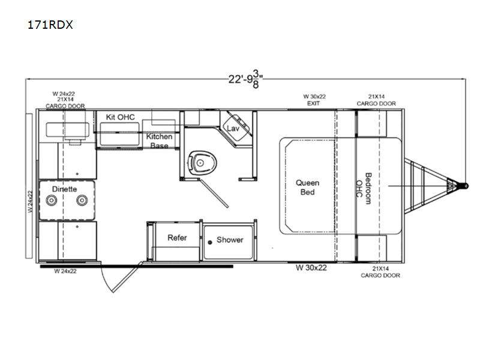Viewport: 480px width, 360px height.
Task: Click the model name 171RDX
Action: pos(50,25)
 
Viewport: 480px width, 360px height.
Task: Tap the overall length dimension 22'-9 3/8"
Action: pos(245,79)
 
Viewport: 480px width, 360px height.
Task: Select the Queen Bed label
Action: pos(307,187)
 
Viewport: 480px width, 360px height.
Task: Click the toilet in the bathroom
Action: pos(202,163)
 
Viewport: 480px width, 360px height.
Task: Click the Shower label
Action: pos(230,239)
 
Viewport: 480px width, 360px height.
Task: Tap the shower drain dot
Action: pos(210,242)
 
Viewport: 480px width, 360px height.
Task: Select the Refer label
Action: pos(177,238)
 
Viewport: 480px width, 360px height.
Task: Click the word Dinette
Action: pos(64,189)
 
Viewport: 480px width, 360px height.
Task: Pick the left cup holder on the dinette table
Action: pos(52,200)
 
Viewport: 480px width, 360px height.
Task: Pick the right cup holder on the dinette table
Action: pos(82,200)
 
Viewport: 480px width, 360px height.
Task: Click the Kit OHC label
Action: pos(120,117)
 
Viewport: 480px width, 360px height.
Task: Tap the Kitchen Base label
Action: pos(159,141)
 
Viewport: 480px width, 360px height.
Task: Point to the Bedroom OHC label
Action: pos(364,188)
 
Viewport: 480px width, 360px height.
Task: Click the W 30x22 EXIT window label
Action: pos(314,100)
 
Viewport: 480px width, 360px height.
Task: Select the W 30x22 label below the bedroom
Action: pos(311,268)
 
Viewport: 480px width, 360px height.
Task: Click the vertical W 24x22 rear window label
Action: pos(29,201)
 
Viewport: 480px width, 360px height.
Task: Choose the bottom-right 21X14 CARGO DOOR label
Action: pos(380,272)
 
